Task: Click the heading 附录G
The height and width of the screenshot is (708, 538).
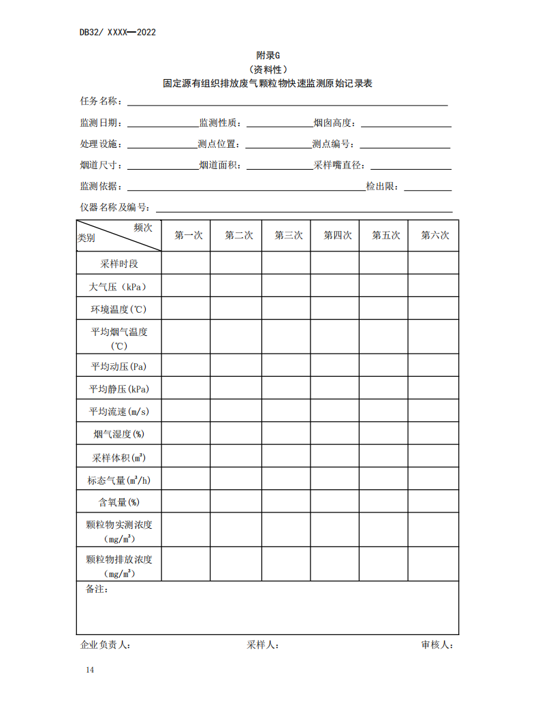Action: pyautogui.click(x=268, y=55)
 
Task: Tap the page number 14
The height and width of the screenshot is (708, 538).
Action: pyautogui.click(x=90, y=670)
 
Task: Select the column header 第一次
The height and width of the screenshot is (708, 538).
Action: pyautogui.click(x=189, y=236)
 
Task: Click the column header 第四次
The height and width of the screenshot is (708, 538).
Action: pyautogui.click(x=337, y=236)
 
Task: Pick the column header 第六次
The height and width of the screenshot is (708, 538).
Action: pyautogui.click(x=434, y=236)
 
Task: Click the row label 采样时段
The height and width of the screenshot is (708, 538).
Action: pyautogui.click(x=119, y=264)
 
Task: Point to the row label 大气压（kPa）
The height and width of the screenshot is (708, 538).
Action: pyautogui.click(x=119, y=287)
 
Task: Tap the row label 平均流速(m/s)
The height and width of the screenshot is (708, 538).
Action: pyautogui.click(x=119, y=412)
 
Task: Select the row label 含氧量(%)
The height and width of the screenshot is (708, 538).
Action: pyautogui.click(x=119, y=502)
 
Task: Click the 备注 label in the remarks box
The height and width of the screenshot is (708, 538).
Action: pyautogui.click(x=97, y=589)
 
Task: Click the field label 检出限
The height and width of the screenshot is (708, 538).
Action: pyautogui.click(x=383, y=186)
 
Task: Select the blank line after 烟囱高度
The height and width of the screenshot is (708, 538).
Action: pyautogui.click(x=406, y=124)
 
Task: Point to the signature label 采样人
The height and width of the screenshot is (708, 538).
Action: pyautogui.click(x=262, y=645)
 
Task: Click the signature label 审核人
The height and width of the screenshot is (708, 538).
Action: pyautogui.click(x=437, y=645)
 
